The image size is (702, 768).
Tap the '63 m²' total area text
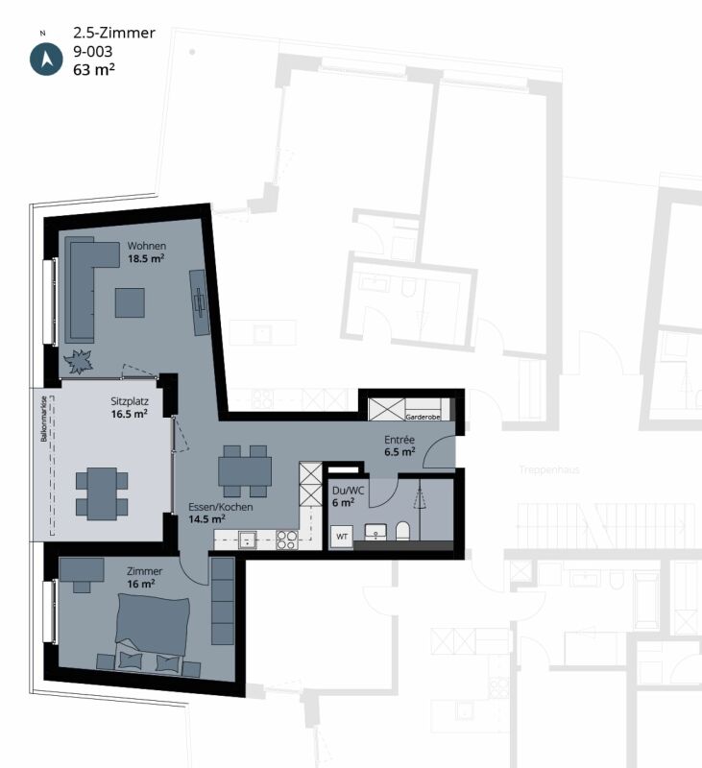tap(94, 68)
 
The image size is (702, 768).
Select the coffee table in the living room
tap(130, 302)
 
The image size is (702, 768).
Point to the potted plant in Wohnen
tap(79, 363)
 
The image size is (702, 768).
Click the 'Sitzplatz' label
tap(129, 401)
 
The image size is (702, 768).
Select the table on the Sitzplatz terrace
tap(101, 492)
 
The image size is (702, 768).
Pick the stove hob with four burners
tap(286, 539)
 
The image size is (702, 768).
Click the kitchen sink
tap(248, 540)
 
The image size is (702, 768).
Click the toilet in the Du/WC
tap(403, 531)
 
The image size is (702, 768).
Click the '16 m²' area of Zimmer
tap(142, 584)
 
